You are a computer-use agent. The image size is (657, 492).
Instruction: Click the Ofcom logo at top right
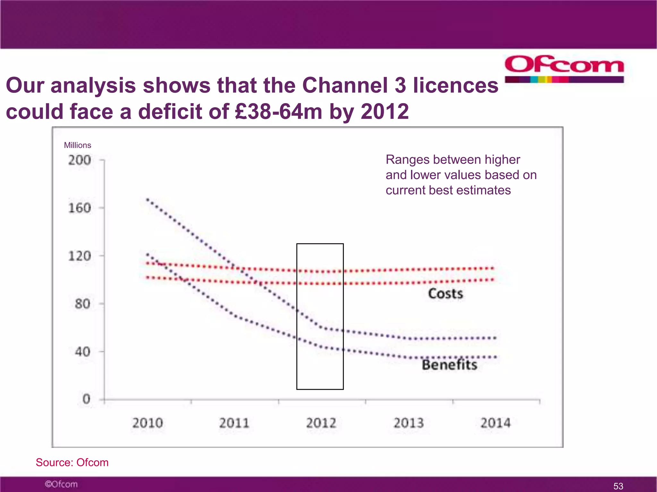coord(564,69)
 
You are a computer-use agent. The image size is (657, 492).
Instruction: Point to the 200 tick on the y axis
coord(80,160)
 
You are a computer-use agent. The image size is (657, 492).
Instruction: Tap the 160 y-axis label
coord(80,208)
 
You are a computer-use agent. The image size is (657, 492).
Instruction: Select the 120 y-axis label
coord(80,256)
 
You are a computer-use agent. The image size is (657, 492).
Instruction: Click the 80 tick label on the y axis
coord(82,304)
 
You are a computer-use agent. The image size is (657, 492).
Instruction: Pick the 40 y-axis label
coord(82,352)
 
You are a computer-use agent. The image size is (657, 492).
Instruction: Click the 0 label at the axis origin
coord(86,399)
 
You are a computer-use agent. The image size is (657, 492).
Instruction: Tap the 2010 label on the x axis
coord(148,423)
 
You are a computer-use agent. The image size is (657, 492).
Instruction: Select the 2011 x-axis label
coord(234,423)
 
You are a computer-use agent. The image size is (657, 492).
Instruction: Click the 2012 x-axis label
coord(321,423)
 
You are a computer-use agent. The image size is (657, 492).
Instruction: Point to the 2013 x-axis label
coord(408,423)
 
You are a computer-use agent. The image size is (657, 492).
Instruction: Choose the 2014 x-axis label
coord(495,423)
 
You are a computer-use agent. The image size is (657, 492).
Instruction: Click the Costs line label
coord(446,294)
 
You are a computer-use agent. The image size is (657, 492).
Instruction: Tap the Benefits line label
coord(449,365)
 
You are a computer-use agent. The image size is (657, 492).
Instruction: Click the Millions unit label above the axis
coord(77,145)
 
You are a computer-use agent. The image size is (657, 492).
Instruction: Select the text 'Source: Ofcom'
coord(72,462)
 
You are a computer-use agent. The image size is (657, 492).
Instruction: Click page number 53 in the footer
coord(618,486)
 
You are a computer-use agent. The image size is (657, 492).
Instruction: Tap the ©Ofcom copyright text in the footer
coord(61,484)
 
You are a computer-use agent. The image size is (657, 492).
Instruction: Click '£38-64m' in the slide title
coord(278,111)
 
